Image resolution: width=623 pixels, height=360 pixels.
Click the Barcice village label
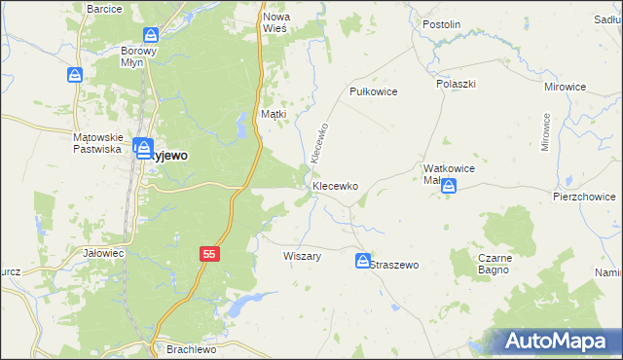[x=104, y=8]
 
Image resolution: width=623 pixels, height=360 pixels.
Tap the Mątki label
[x=274, y=114]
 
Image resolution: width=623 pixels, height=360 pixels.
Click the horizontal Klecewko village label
[x=336, y=185]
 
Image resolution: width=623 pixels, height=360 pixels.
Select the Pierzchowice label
[x=583, y=196]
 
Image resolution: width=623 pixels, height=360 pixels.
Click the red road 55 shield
[x=209, y=253]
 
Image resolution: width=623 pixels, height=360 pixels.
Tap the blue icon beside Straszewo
[x=362, y=261]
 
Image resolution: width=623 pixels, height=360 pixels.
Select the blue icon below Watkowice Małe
[x=448, y=187]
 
